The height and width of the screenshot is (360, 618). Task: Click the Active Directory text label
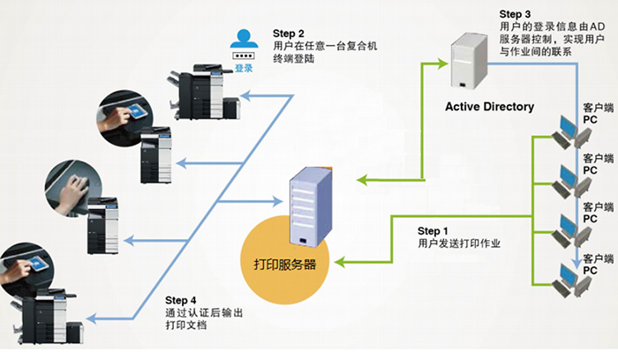point(489,107)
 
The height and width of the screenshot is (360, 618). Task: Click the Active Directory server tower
point(471,60)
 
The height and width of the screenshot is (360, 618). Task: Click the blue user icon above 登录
point(242,39)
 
